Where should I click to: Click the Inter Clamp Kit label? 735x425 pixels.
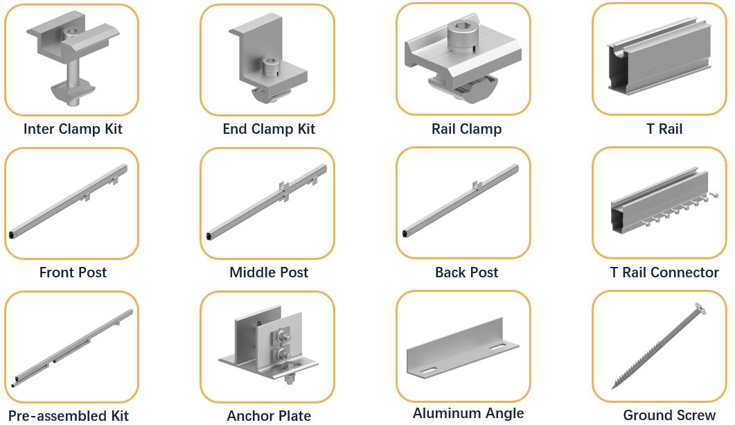tap(73, 129)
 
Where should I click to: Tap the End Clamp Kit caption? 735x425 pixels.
tap(269, 129)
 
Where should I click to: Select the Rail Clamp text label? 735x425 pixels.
tap(466, 129)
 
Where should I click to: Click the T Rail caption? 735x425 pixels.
tap(664, 129)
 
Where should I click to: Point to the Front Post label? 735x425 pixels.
tap(73, 272)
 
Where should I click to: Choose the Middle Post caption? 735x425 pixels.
tap(269, 272)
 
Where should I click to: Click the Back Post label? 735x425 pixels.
tap(466, 272)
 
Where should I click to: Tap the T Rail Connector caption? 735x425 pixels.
tap(664, 272)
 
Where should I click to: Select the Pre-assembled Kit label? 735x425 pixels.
tap(69, 416)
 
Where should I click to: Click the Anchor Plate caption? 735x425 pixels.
tap(269, 416)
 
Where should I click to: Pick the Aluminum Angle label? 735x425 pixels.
tap(468, 413)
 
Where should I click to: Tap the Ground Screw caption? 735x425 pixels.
tap(669, 415)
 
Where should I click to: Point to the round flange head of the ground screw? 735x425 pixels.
tap(701, 309)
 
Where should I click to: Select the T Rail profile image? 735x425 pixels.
tap(659, 57)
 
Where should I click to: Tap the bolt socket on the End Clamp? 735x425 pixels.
tap(270, 67)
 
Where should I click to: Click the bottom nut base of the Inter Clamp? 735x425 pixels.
tap(73, 92)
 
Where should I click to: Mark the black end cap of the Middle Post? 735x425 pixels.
tap(208, 236)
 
